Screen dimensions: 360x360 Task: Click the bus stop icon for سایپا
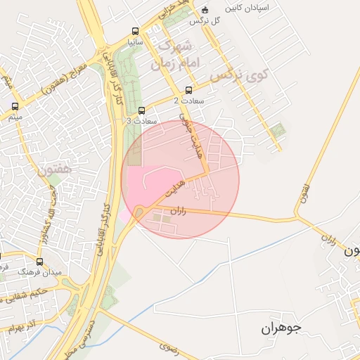pyautogui.click(x=134, y=32)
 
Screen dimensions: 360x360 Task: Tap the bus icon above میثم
pyautogui.click(x=15, y=107)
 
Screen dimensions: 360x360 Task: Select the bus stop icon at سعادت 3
pyautogui.click(x=142, y=110)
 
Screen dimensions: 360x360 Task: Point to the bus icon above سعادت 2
pyautogui.click(x=188, y=90)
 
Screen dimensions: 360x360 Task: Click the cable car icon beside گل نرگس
pyautogui.click(x=205, y=11)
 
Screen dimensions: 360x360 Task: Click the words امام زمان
pyautogui.click(x=176, y=63)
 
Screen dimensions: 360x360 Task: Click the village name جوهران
pyautogui.click(x=281, y=328)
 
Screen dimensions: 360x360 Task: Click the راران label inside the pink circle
pyautogui.click(x=178, y=211)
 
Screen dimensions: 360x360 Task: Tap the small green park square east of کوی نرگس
pyautogui.click(x=279, y=130)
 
